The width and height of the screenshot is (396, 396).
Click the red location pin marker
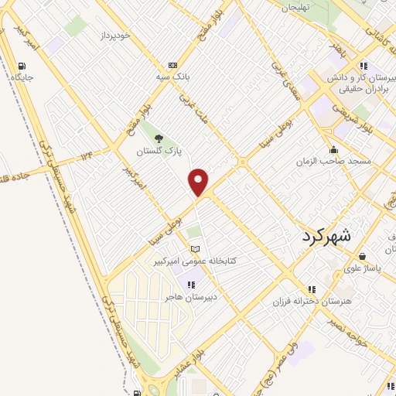199,182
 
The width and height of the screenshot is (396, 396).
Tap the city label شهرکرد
326,236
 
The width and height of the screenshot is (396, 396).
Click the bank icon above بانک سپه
172,65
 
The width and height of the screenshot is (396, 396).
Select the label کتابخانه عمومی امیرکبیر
193,261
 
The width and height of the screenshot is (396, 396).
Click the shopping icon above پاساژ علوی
363,256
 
